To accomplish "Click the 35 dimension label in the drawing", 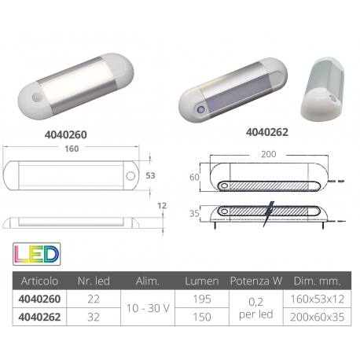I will point(193,211).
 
